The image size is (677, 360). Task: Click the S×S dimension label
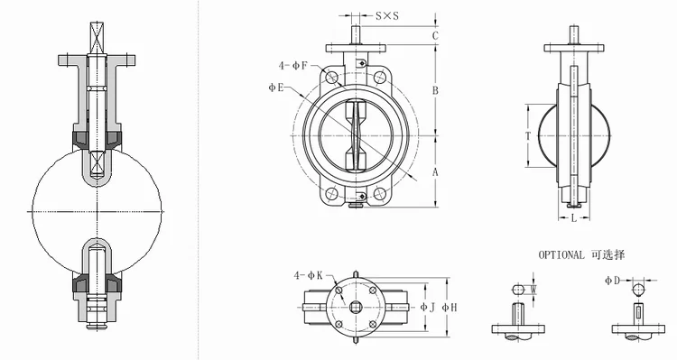coord(387,16)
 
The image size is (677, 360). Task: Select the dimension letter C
coord(435,35)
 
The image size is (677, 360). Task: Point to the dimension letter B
coord(435,90)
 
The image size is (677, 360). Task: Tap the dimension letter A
coord(435,172)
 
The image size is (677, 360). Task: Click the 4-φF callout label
coord(292,66)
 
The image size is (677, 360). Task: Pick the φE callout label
coord(276,88)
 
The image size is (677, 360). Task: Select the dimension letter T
coord(528,136)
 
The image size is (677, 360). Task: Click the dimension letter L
coord(574,218)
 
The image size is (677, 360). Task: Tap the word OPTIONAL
coord(561,254)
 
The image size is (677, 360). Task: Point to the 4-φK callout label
coord(309,275)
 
